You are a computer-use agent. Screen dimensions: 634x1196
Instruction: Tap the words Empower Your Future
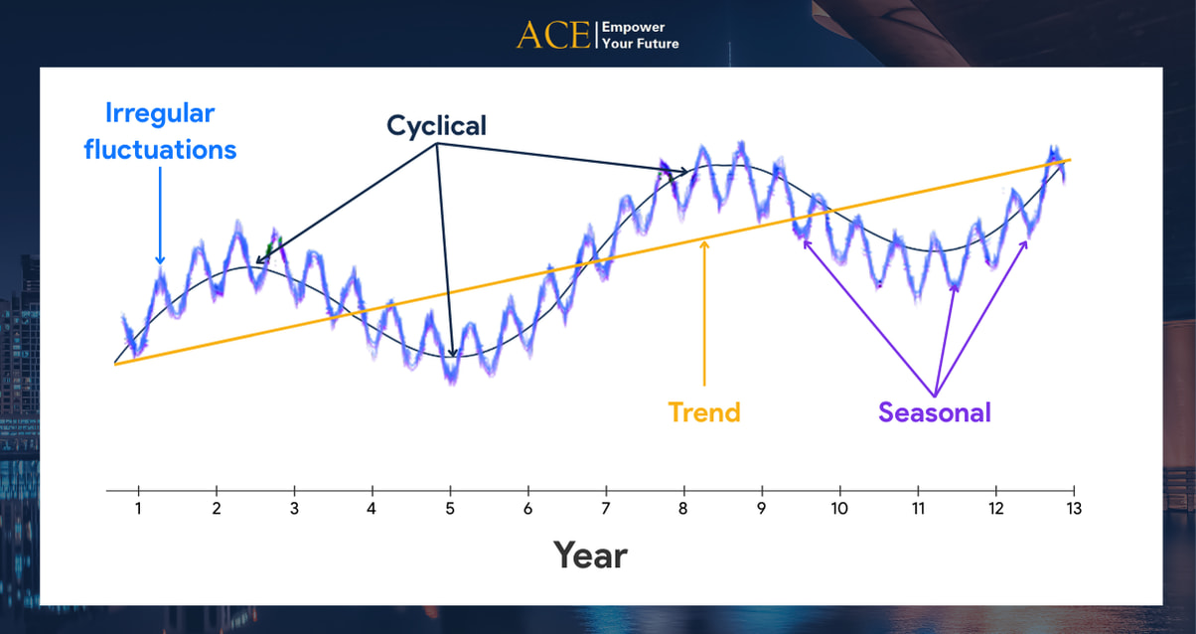(641, 35)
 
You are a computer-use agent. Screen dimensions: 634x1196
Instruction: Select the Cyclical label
(436, 126)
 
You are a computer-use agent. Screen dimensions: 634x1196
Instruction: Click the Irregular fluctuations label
(160, 131)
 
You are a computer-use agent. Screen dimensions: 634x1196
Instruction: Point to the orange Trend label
(704, 411)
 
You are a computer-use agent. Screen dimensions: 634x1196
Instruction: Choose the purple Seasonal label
(935, 412)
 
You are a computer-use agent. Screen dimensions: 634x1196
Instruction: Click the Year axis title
(590, 555)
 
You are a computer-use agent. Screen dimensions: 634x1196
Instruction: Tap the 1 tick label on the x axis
(138, 508)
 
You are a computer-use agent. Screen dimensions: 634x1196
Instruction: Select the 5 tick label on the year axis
(450, 508)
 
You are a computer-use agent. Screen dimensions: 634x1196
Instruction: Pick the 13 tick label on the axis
(1073, 508)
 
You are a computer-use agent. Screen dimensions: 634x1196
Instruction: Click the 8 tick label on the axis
(683, 508)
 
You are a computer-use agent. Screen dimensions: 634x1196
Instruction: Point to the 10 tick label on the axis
(839, 508)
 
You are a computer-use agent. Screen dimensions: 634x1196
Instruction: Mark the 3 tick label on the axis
(294, 508)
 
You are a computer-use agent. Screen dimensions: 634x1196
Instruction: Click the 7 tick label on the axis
(606, 508)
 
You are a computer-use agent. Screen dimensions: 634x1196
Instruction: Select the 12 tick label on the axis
(995, 508)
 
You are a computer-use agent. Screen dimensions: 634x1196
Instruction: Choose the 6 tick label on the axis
(527, 508)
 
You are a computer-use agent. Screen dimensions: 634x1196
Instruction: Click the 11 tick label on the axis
(918, 508)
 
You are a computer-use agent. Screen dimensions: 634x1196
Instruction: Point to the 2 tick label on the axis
(216, 508)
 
